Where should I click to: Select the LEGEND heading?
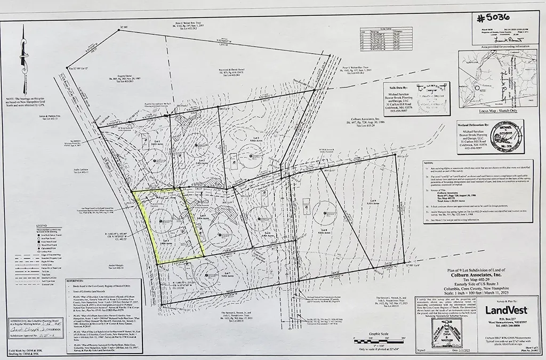(x=38, y=226)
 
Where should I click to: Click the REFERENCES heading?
(x=74, y=279)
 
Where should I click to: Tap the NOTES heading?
(x=426, y=163)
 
